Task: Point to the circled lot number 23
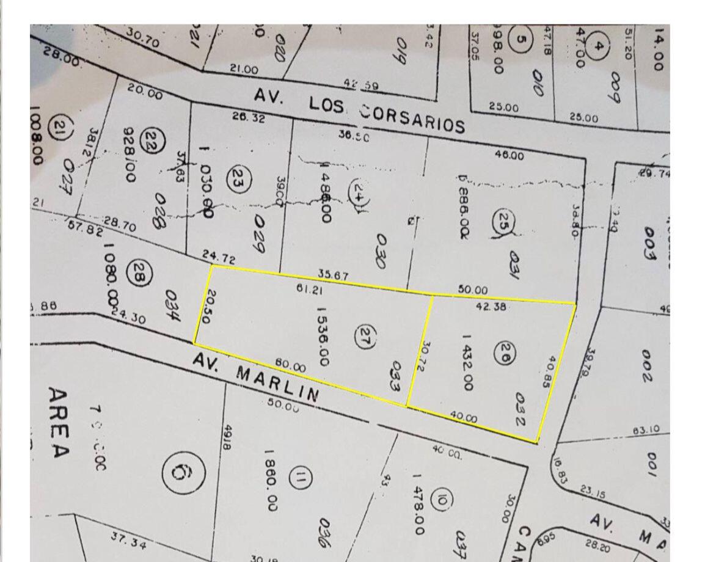pos(236,178)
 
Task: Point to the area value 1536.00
pos(323,337)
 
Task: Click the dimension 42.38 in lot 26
pos(491,308)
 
